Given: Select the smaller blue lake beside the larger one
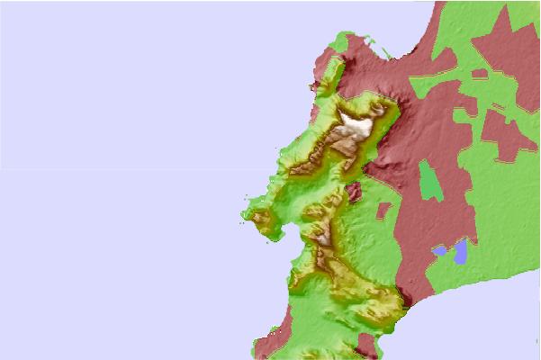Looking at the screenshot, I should pos(439,250).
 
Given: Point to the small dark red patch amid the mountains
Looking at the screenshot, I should pos(354,191).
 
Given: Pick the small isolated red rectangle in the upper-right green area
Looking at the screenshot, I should pos(479,73).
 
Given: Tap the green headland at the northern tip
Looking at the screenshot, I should pos(340,40).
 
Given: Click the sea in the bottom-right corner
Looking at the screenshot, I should pos(504,333).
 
